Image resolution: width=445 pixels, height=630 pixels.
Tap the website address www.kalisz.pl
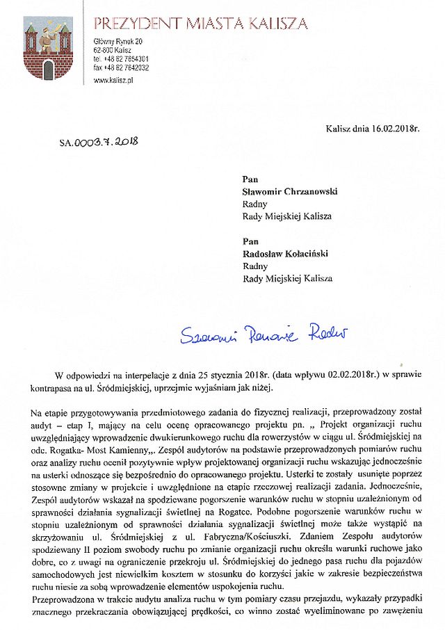pyautogui.click(x=113, y=81)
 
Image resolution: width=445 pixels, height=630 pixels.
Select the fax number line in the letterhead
pyautogui.click(x=121, y=68)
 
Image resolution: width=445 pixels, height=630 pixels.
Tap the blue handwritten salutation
pyautogui.click(x=264, y=336)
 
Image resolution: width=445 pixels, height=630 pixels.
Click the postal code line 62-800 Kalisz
pyautogui.click(x=112, y=51)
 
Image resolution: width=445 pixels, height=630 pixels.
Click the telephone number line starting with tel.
pyautogui.click(x=121, y=60)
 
